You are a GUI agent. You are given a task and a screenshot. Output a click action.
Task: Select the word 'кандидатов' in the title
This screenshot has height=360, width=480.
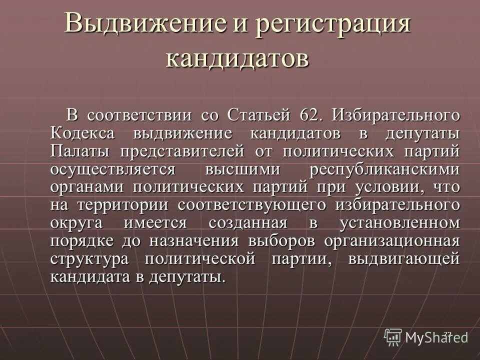pyautogui.click(x=237, y=58)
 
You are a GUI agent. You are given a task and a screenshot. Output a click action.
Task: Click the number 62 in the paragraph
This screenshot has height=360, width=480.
pyautogui.click(x=308, y=115)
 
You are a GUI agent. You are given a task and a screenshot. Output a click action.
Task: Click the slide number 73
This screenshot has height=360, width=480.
pyautogui.click(x=447, y=333)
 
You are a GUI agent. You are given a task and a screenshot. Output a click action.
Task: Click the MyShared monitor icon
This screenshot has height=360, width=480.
pyautogui.click(x=393, y=336)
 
